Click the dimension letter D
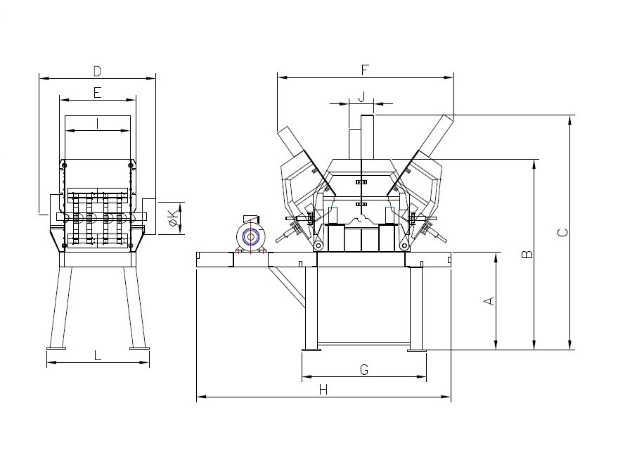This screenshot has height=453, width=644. (97, 71)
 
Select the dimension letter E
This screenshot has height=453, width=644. (97, 92)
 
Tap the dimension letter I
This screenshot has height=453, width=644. (97, 123)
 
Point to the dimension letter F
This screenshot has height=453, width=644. (365, 70)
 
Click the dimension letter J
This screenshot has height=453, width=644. (361, 97)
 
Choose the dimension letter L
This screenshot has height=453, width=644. (97, 355)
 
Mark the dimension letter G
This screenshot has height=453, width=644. (364, 370)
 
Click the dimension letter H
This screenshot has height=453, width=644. (323, 390)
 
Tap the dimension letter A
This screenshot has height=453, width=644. (489, 301)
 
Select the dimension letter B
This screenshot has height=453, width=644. (527, 255)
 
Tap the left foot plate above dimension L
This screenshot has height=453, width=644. (56, 349)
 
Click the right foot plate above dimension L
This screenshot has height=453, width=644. (139, 349)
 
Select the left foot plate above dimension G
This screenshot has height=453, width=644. (311, 350)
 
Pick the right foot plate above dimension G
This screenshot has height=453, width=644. (417, 350)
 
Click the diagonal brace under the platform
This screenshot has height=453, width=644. (287, 287)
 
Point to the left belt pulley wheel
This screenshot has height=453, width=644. (318, 245)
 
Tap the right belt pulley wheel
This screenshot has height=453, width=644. (404, 245)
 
